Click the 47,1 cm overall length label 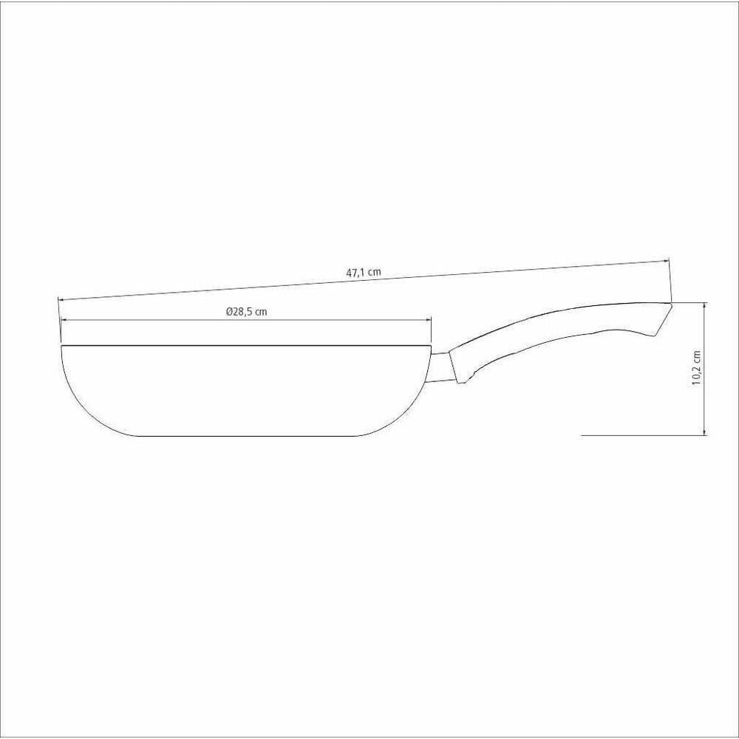(363, 272)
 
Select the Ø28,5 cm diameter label (246, 312)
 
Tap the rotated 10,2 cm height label (695, 367)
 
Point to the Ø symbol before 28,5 (230, 312)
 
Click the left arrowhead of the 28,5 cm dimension (64, 320)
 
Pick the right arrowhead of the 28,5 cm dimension (428, 320)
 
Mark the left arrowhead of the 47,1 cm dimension (61, 299)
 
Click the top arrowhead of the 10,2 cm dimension (706, 305)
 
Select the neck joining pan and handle (441, 367)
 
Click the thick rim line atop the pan (246, 345)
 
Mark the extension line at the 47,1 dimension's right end (670, 281)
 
